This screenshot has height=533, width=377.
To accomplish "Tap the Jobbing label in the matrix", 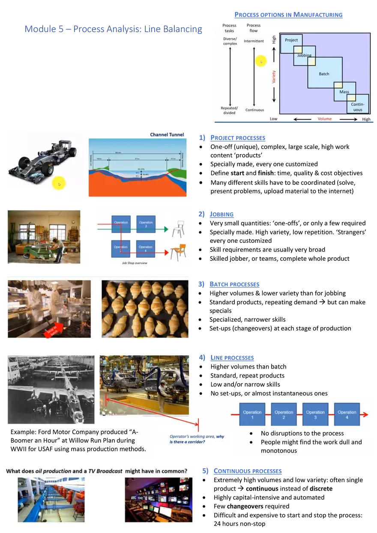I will click(x=304, y=55).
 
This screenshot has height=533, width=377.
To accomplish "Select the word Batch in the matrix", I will click(x=324, y=74).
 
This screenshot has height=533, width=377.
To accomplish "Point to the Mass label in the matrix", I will click(x=344, y=92).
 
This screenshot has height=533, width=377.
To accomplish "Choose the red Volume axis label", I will click(x=324, y=119).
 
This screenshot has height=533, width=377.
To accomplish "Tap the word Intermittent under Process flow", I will click(x=254, y=41).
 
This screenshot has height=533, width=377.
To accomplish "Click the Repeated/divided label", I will click(x=229, y=110).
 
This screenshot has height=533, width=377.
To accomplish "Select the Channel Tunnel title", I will click(x=167, y=134).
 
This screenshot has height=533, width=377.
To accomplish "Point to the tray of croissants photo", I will click(x=144, y=308).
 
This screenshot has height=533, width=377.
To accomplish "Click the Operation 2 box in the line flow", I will click(x=284, y=414).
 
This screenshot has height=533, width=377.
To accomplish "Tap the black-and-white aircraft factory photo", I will click(x=51, y=390).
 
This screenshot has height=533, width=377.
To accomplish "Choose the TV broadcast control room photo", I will click(x=159, y=499).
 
